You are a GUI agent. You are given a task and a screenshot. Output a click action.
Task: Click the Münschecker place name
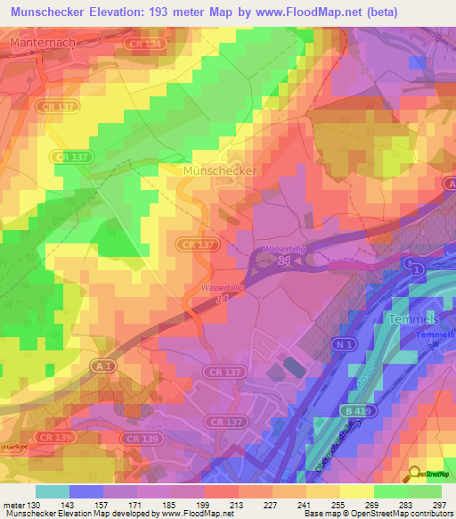coord(218,169)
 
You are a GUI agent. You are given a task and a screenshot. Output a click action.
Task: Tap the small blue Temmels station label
coord(434,335)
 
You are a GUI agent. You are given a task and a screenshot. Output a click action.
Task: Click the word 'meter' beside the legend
coord(12,505)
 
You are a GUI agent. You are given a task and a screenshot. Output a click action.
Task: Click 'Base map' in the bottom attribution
coord(319,515)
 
